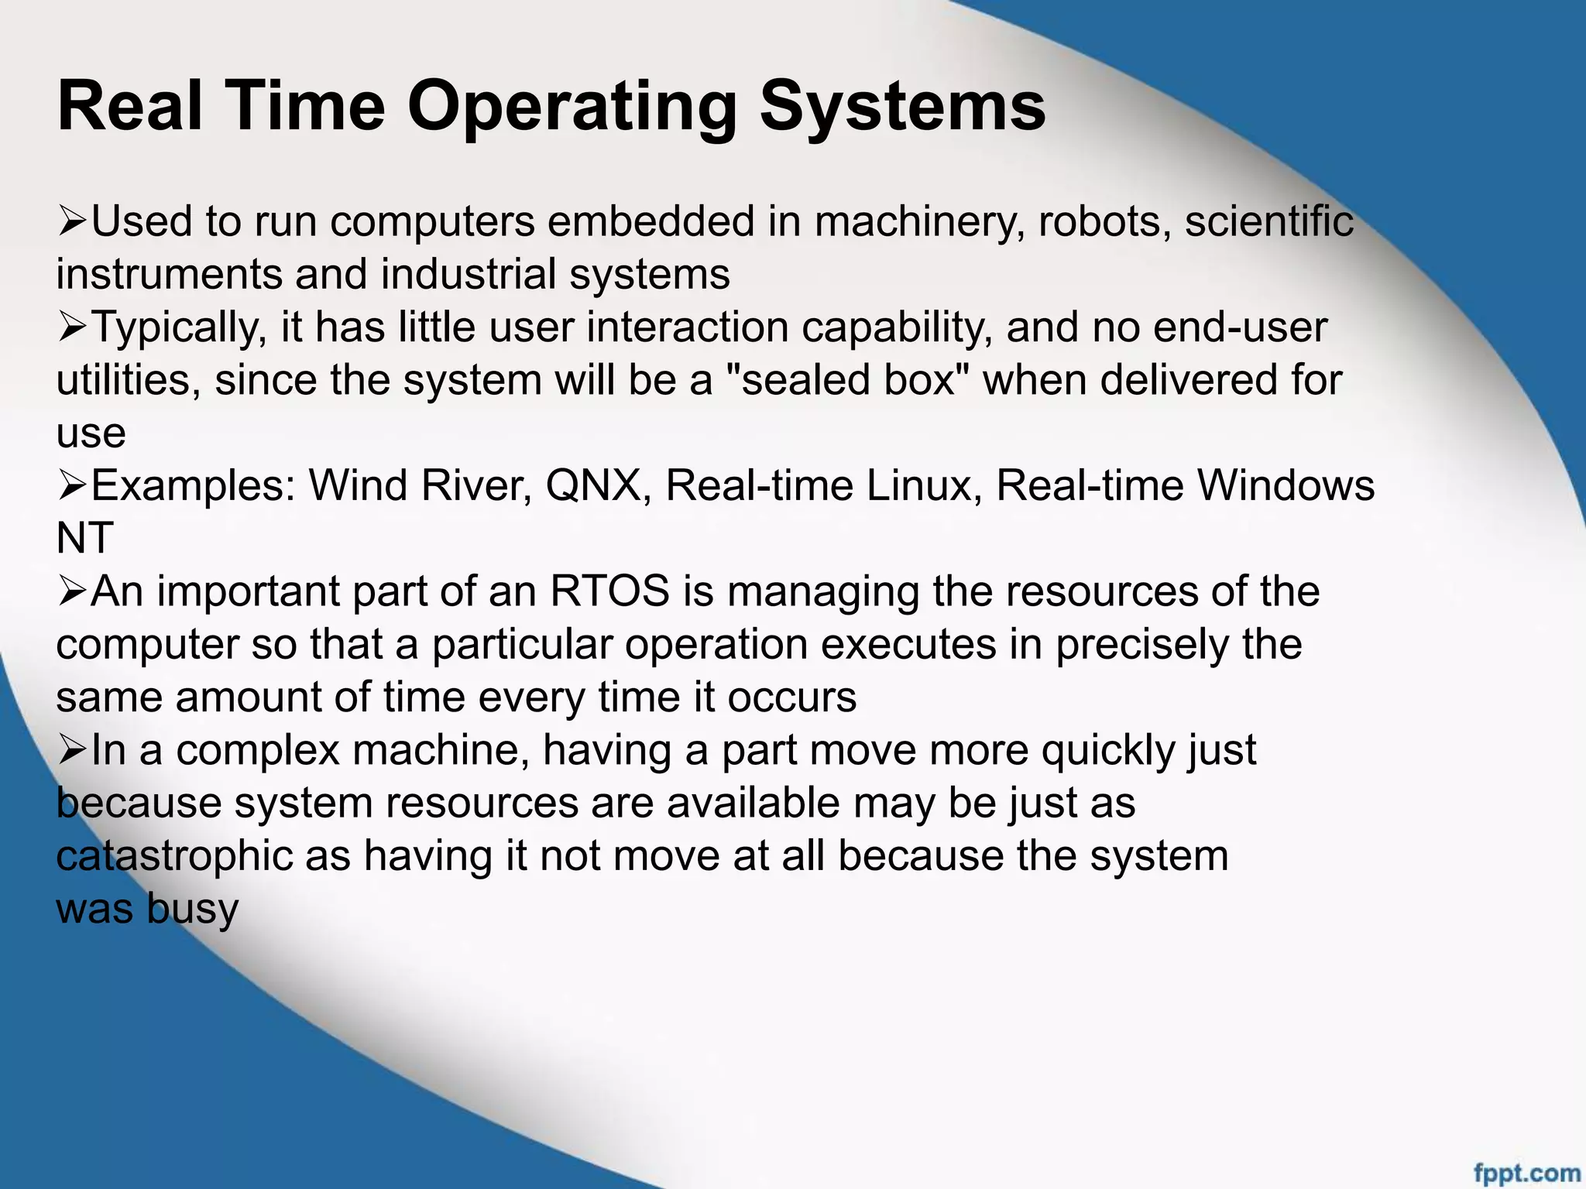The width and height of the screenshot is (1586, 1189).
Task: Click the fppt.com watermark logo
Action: (1526, 1174)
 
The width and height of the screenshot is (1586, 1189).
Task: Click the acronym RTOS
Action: (609, 591)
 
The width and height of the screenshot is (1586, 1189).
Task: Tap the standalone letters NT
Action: (84, 538)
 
